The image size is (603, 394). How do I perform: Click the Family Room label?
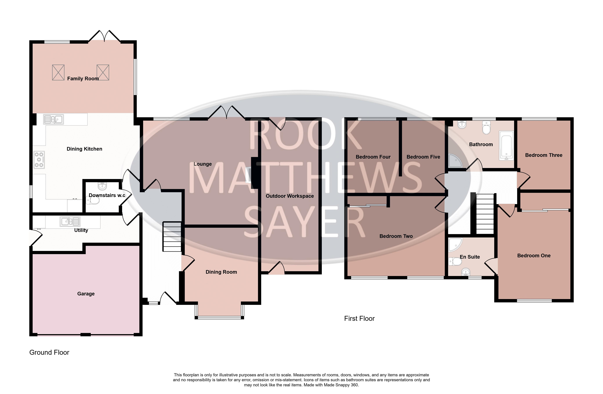tap(83, 79)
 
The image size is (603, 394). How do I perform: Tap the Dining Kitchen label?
tap(84, 149)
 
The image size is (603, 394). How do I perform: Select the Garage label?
tap(86, 294)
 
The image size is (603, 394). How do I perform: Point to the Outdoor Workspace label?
tap(290, 196)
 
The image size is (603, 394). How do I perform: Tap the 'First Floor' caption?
tap(359, 318)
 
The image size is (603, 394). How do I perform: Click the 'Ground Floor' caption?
tap(49, 353)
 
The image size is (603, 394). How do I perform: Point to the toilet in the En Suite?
tap(455, 261)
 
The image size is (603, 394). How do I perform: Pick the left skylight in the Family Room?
tap(58, 72)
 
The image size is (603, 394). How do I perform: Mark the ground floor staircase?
tap(172, 237)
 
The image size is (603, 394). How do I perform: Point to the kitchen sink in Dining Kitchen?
tap(54, 119)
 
